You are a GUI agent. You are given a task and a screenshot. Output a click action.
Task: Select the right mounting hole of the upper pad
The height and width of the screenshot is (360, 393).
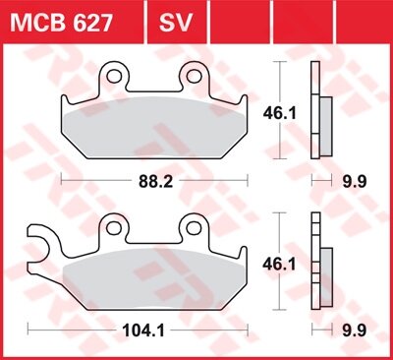pyautogui.click(x=194, y=75)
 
